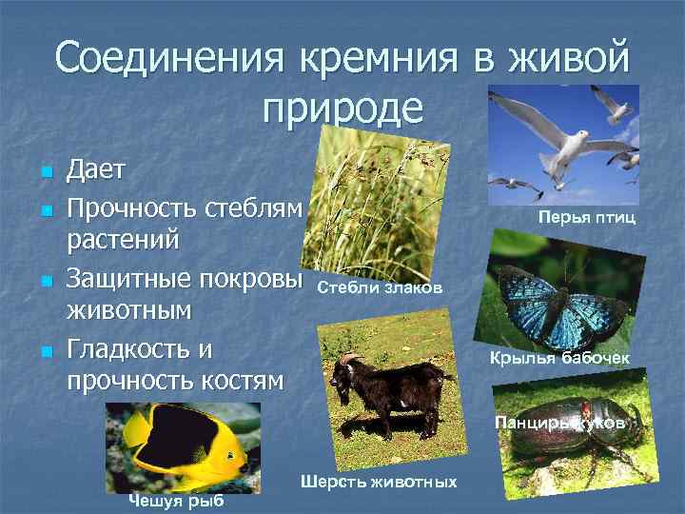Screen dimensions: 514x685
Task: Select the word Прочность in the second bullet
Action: (x=130, y=206)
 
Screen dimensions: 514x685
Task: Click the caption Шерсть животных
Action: (x=379, y=483)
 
